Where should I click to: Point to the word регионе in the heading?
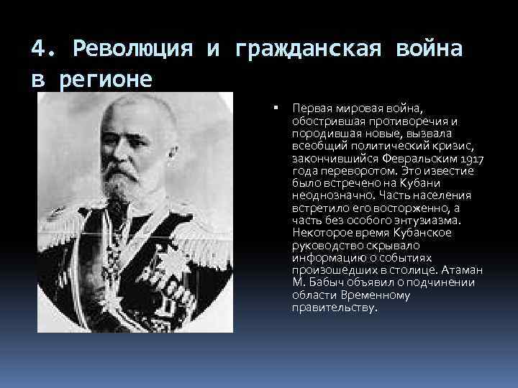(106, 78)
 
